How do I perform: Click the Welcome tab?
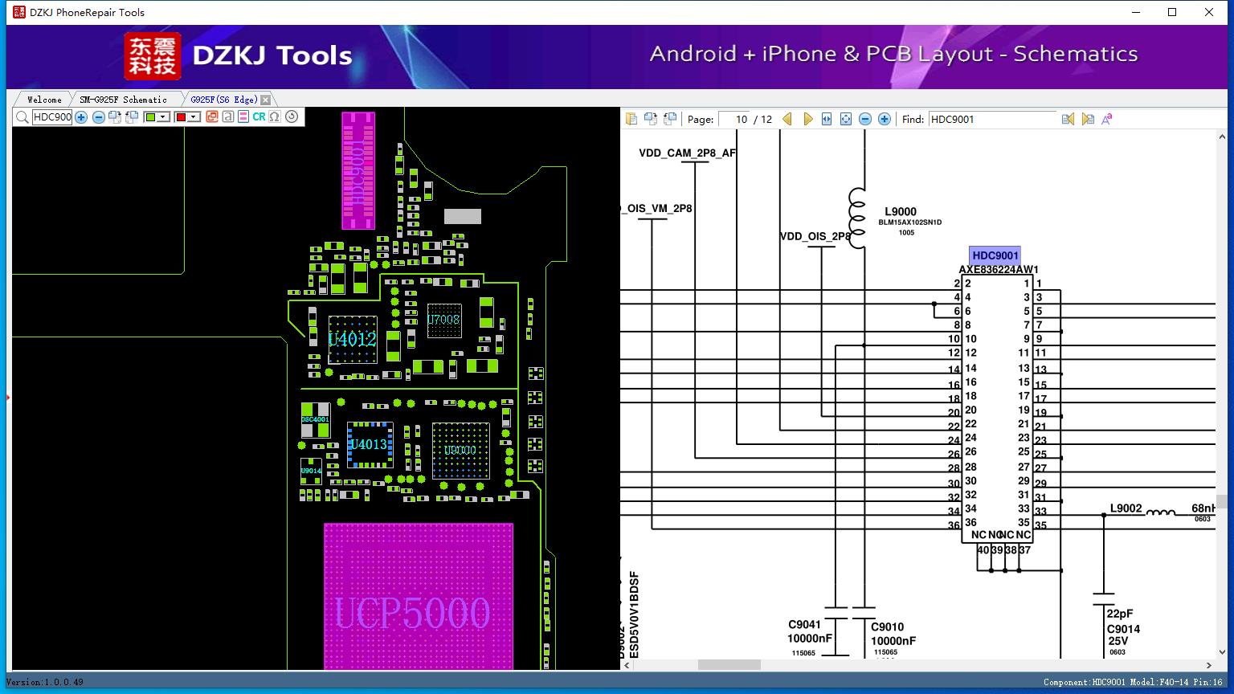coord(44,100)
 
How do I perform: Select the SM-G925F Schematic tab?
coord(123,100)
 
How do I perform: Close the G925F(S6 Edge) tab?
coord(266,100)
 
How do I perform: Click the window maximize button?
coord(1172,12)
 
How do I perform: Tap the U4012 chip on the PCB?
coord(352,339)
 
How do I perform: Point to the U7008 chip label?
coord(443,320)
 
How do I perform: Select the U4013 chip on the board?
coord(369,444)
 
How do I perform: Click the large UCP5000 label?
coord(411,614)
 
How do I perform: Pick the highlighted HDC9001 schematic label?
coord(995,255)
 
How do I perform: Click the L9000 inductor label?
coord(901,212)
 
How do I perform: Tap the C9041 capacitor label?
coord(804,624)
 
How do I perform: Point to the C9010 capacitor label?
coord(888,627)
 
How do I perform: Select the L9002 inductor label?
coord(1126,508)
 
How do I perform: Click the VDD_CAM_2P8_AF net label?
coord(687,153)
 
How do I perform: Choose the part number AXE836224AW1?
coord(998,270)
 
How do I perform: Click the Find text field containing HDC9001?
coord(992,119)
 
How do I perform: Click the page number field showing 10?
coord(734,119)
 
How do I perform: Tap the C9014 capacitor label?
coord(1123,629)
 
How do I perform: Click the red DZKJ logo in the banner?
coord(153,56)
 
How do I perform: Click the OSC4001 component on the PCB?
coord(315,419)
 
